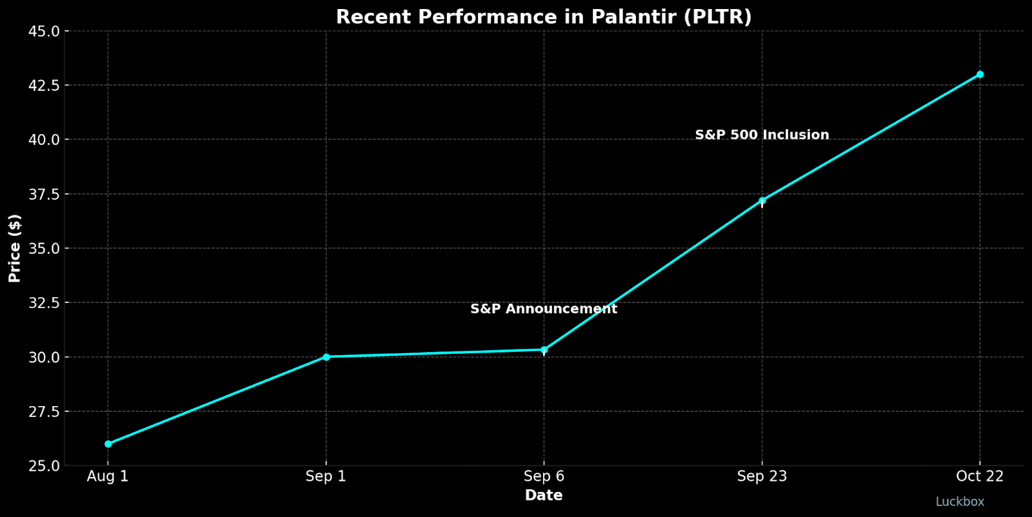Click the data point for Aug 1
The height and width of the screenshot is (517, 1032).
point(108,444)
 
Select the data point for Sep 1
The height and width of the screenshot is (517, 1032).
point(326,356)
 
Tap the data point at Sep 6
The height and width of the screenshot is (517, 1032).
point(544,350)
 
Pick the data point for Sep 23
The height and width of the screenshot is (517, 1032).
point(762,200)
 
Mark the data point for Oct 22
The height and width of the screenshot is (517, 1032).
point(980,75)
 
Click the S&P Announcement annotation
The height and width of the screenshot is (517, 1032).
point(543,309)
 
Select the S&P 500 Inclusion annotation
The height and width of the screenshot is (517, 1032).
point(762,135)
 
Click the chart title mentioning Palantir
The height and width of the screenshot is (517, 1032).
point(543,17)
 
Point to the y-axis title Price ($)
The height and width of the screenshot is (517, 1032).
point(14,248)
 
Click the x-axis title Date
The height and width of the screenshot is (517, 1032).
point(543,495)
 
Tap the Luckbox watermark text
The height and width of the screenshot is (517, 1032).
point(960,502)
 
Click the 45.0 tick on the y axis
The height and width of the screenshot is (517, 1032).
point(45,32)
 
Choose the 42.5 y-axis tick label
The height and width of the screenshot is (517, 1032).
point(45,86)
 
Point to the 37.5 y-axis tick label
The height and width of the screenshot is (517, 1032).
point(45,195)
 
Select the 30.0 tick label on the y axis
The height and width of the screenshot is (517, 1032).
point(45,357)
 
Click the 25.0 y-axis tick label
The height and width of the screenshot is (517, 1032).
point(45,465)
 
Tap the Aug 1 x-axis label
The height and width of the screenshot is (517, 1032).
point(108,476)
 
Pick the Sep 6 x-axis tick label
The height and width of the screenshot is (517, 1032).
point(544,476)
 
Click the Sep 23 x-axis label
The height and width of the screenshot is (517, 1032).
point(762,476)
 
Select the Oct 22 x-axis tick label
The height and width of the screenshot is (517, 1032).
point(980,476)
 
